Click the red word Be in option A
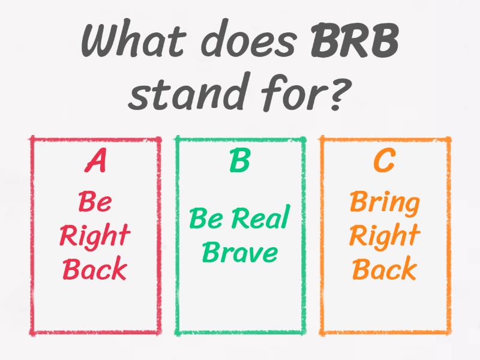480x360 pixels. pyautogui.click(x=95, y=203)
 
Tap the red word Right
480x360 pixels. pyautogui.click(x=95, y=236)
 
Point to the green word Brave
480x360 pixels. pyautogui.click(x=239, y=253)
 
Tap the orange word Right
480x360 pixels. pyautogui.click(x=384, y=236)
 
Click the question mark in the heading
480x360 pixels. pyautogui.click(x=339, y=93)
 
